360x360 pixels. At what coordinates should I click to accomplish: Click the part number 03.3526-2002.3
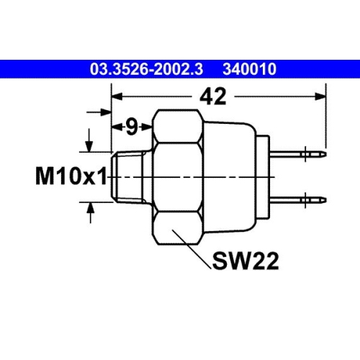(148, 69)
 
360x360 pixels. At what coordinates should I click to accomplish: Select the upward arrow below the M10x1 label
(91, 209)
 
